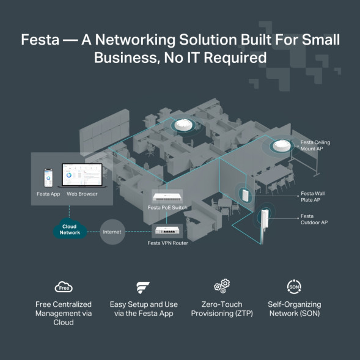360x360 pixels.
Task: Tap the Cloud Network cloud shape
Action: point(70,230)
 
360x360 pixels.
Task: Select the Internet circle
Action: point(112,232)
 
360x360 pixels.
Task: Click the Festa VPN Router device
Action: point(167,230)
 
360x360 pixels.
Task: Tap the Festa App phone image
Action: point(48,177)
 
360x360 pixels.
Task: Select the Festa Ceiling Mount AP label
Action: point(315,145)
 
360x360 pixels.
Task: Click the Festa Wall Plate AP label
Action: point(312,196)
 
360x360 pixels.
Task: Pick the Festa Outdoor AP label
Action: point(314,219)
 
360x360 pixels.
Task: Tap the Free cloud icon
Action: point(64,287)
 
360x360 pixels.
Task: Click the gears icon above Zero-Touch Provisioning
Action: point(221,287)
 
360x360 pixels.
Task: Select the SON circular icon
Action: point(293,287)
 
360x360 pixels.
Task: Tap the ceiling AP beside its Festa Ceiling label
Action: point(281,147)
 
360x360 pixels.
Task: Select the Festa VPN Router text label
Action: point(167,243)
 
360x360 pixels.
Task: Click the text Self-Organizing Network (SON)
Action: point(293,309)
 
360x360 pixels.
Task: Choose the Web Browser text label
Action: point(82,194)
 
